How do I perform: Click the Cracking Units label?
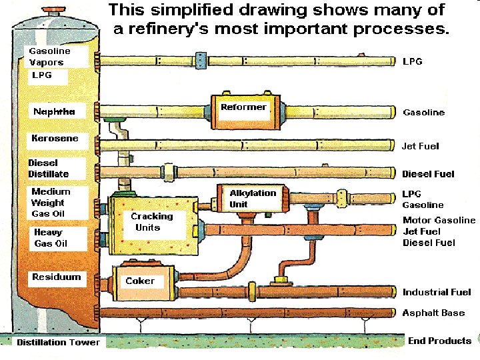point(151,222)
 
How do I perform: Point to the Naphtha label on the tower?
point(54,111)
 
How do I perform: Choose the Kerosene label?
point(55,139)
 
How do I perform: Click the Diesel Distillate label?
point(48,168)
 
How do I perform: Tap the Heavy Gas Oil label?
point(51,238)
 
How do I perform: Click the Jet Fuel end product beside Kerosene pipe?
point(420,146)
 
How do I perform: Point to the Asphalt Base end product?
point(433,313)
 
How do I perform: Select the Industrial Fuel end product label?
point(437,292)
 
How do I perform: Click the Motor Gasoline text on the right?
point(439,220)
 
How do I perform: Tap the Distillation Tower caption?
point(58,342)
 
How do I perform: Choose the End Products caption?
point(439,341)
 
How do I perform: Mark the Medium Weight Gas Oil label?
point(50,203)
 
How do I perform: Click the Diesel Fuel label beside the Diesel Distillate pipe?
point(428,174)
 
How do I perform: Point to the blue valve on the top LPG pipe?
point(198,59)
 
